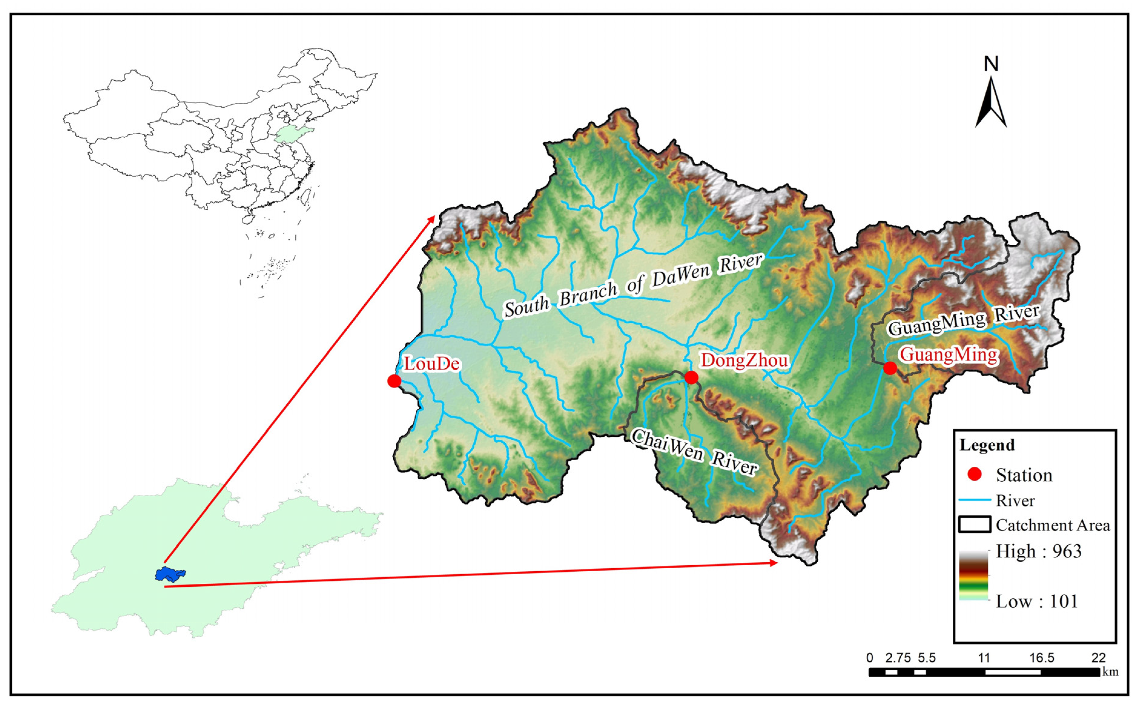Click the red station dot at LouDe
pyautogui.click(x=394, y=381)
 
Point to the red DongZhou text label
pyautogui.click(x=745, y=360)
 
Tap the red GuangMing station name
pyautogui.click(x=949, y=355)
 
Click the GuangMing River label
pyautogui.click(x=964, y=321)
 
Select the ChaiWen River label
pyautogui.click(x=694, y=452)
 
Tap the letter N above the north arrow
pyautogui.click(x=991, y=64)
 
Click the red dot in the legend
pyautogui.click(x=975, y=475)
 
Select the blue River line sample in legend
pyautogui.click(x=975, y=500)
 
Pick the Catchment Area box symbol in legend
pyautogui.click(x=975, y=524)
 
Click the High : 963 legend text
pyautogui.click(x=1038, y=552)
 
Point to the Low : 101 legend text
pyautogui.click(x=1037, y=602)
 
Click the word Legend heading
pyautogui.click(x=987, y=445)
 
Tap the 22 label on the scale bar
pyautogui.click(x=1099, y=658)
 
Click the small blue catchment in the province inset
pyautogui.click(x=170, y=574)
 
